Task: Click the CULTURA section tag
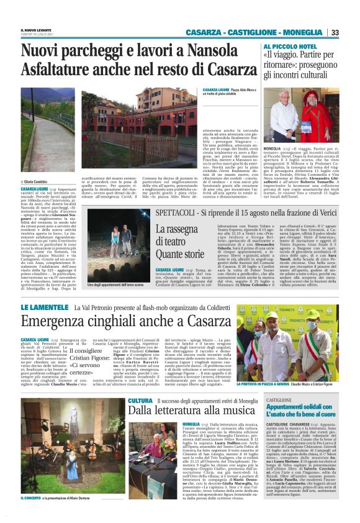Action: click(139, 401)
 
